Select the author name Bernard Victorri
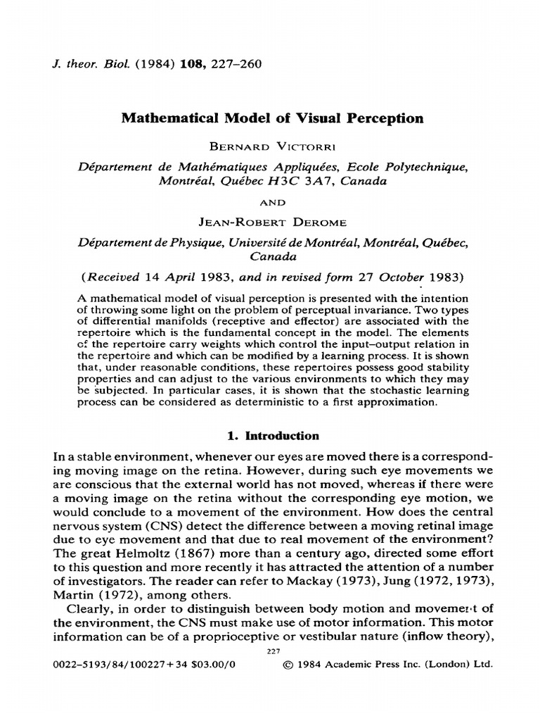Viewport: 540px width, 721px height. (270, 149)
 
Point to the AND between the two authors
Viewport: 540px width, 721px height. (270, 203)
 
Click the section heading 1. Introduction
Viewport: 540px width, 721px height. (270, 436)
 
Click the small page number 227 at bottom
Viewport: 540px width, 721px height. (270, 651)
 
